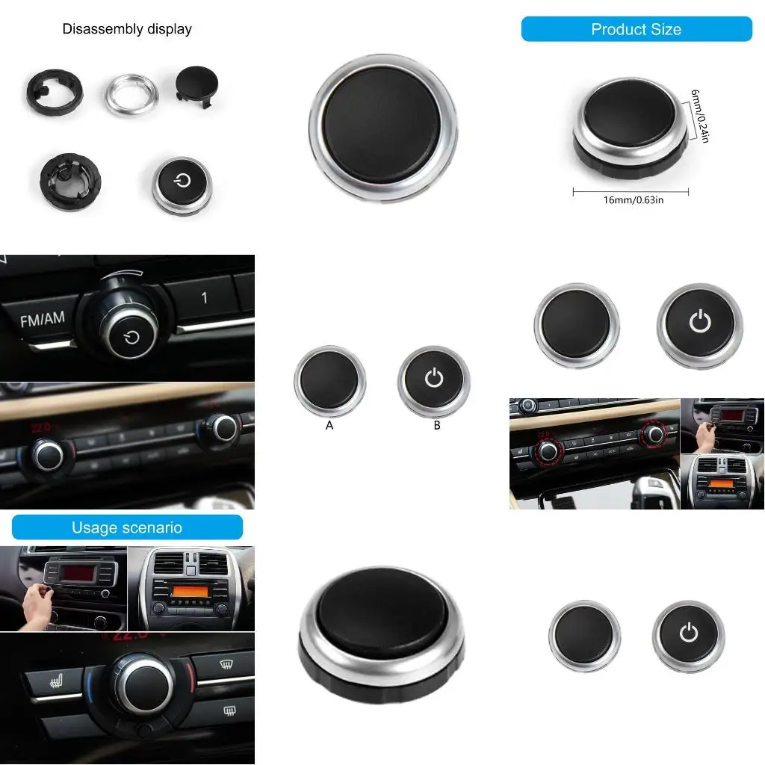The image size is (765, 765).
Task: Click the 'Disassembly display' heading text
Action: (x=127, y=30)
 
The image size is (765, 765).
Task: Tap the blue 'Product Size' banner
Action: (x=636, y=30)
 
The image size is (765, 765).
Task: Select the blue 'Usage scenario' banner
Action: (x=127, y=527)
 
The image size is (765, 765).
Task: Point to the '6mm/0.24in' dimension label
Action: (x=698, y=116)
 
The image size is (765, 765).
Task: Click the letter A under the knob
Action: (x=329, y=425)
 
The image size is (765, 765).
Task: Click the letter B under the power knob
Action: (x=437, y=425)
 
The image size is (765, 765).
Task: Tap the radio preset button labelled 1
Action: (x=204, y=298)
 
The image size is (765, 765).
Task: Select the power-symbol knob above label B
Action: (x=434, y=380)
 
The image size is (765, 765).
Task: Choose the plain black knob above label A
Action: (x=329, y=380)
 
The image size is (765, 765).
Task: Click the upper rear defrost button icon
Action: (x=223, y=663)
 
